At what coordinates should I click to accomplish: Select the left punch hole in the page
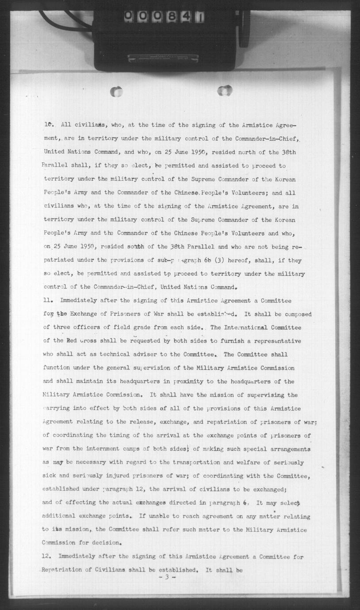pyautogui.click(x=116, y=92)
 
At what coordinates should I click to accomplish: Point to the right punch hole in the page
pyautogui.click(x=225, y=91)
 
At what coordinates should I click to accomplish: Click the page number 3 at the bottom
pyautogui.click(x=168, y=577)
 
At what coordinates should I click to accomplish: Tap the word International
pyautogui.click(x=237, y=328)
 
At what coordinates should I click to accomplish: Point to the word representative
pyautogui.click(x=275, y=341)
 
